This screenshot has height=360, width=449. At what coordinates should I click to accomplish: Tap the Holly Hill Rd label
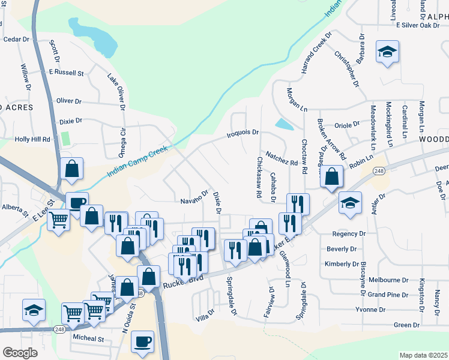pos(33,139)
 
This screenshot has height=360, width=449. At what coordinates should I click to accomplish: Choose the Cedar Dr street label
pos(16,39)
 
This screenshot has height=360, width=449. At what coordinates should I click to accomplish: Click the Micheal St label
pos(88,339)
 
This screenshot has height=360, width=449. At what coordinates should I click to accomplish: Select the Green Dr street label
pos(406,325)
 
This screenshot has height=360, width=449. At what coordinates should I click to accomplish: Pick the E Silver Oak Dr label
pos(420,25)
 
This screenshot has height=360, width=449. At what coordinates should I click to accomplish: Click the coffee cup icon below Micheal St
pos(142,341)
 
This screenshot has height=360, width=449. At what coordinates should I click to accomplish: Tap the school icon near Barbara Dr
pos(388,52)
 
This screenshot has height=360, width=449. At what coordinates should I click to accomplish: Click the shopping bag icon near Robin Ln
pos(331,176)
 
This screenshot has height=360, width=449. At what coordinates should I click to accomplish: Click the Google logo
pos(20,353)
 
